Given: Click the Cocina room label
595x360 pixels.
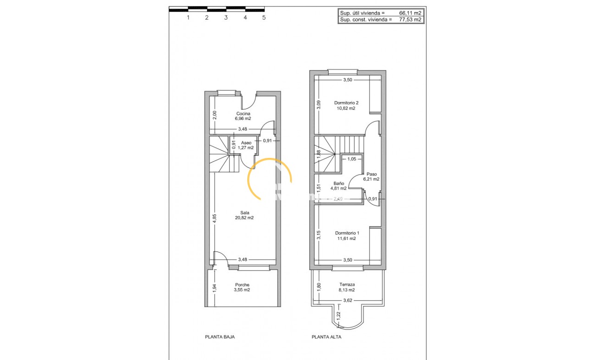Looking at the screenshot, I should pos(243,116).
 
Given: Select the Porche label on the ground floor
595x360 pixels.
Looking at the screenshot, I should pos(242,287).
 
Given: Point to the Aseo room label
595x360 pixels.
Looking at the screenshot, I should pos(246,145).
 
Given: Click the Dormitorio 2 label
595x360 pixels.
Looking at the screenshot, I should pos(345,105).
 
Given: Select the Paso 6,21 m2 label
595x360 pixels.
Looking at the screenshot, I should pos(371,176).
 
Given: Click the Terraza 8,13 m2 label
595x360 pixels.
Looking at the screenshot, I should pos(345,287).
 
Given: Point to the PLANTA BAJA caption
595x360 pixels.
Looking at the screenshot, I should pos(220,337).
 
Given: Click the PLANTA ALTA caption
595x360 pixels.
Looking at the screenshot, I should pos(327,337).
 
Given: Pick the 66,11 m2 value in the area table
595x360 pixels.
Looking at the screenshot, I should pos(410,13).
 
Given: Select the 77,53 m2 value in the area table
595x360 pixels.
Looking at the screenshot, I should pos(410,20).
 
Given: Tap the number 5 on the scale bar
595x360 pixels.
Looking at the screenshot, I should pos(264,18).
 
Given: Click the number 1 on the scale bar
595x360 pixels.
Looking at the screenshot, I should pos(188,18).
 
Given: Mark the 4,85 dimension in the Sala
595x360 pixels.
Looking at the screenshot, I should pos(214,219).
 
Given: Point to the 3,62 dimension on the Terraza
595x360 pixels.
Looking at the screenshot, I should pos(348,300).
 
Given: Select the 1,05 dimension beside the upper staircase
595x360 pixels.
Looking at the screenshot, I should pos(351,159).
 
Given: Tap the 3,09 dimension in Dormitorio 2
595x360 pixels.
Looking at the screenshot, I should pos(318,105).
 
